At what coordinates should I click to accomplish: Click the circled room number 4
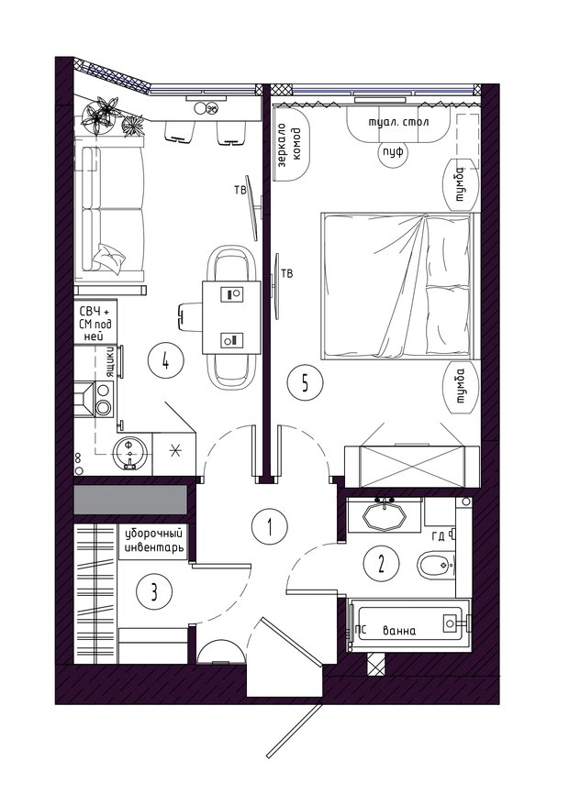coord(165,362)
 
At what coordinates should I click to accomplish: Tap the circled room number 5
coord(305,382)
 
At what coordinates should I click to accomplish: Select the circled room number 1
coord(270,527)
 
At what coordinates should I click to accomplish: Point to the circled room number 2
coord(381,564)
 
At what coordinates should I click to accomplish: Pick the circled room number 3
coord(153,592)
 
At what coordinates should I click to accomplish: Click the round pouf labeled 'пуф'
coord(393,152)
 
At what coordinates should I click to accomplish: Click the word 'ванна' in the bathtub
coord(399,631)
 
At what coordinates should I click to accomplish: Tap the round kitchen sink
coord(130,453)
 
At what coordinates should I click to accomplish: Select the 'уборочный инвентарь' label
coord(154,541)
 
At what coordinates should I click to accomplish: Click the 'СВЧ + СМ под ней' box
coord(95,323)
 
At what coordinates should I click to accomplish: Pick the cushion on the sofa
coord(108,256)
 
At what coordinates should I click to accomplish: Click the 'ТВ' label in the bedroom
coord(287,273)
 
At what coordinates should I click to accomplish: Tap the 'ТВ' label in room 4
coord(240,191)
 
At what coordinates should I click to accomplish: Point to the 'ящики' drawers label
coord(109,362)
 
